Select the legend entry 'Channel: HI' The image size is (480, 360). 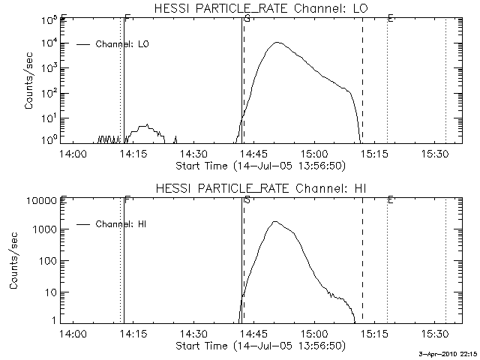point(120,223)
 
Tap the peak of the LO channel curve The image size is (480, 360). point(277,43)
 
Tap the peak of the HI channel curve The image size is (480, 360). point(274,222)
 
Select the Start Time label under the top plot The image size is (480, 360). point(259,166)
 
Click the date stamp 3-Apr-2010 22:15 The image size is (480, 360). point(448,354)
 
